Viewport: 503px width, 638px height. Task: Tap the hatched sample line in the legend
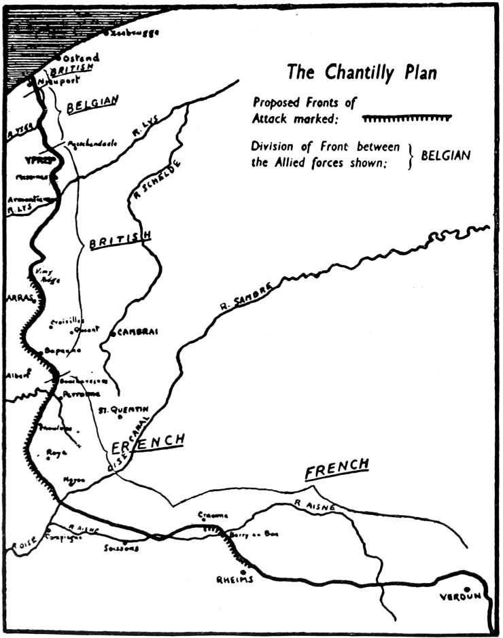click(x=406, y=118)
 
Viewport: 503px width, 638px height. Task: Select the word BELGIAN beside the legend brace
click(x=445, y=155)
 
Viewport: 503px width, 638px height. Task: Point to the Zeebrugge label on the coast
click(x=132, y=32)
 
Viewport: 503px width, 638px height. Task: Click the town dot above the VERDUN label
click(x=466, y=589)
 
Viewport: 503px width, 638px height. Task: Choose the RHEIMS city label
click(x=235, y=580)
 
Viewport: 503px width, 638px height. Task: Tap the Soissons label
click(x=122, y=548)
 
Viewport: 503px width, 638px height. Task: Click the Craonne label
click(x=213, y=515)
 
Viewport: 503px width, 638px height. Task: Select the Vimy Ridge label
click(x=43, y=274)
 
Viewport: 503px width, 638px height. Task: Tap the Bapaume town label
click(x=63, y=351)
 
